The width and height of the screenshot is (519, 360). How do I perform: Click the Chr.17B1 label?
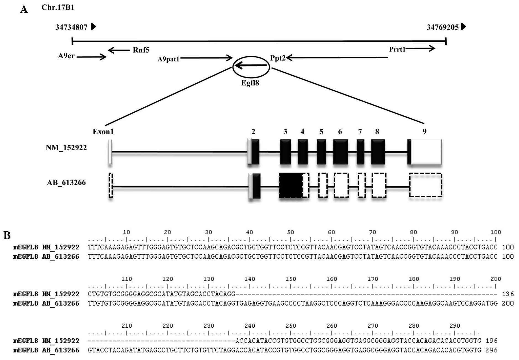pos(58,7)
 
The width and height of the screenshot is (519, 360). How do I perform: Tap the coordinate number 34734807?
pos(71,27)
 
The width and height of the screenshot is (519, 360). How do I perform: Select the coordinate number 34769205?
pos(442,27)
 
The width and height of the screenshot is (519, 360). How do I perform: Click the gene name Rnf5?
pos(141,50)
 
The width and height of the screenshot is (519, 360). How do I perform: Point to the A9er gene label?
pos(66,56)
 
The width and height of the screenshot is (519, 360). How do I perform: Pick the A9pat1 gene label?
pos(168,59)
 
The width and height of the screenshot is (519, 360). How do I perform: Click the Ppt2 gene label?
pos(278,58)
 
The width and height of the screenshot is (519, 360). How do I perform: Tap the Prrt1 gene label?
pos(397,49)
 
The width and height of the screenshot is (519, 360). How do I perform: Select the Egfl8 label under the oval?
pos(250,83)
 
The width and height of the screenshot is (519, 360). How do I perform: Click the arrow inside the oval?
pos(251,66)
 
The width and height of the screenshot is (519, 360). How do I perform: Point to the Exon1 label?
pos(103,132)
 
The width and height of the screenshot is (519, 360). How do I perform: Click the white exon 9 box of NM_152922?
pos(426,152)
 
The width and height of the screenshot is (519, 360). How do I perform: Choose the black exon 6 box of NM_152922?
pos(341,152)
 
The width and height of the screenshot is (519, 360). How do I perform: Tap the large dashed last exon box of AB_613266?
pos(426,185)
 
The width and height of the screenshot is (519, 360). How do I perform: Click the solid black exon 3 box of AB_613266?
pos(290,185)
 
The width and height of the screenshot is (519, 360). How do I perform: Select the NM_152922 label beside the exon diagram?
pos(66,148)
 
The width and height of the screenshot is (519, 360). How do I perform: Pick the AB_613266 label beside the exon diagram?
pos(66,182)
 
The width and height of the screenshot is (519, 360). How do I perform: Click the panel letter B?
pos(7,235)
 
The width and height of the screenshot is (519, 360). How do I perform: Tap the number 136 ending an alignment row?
pos(508,294)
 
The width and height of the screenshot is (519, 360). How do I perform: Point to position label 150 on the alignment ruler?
pos(291,279)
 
